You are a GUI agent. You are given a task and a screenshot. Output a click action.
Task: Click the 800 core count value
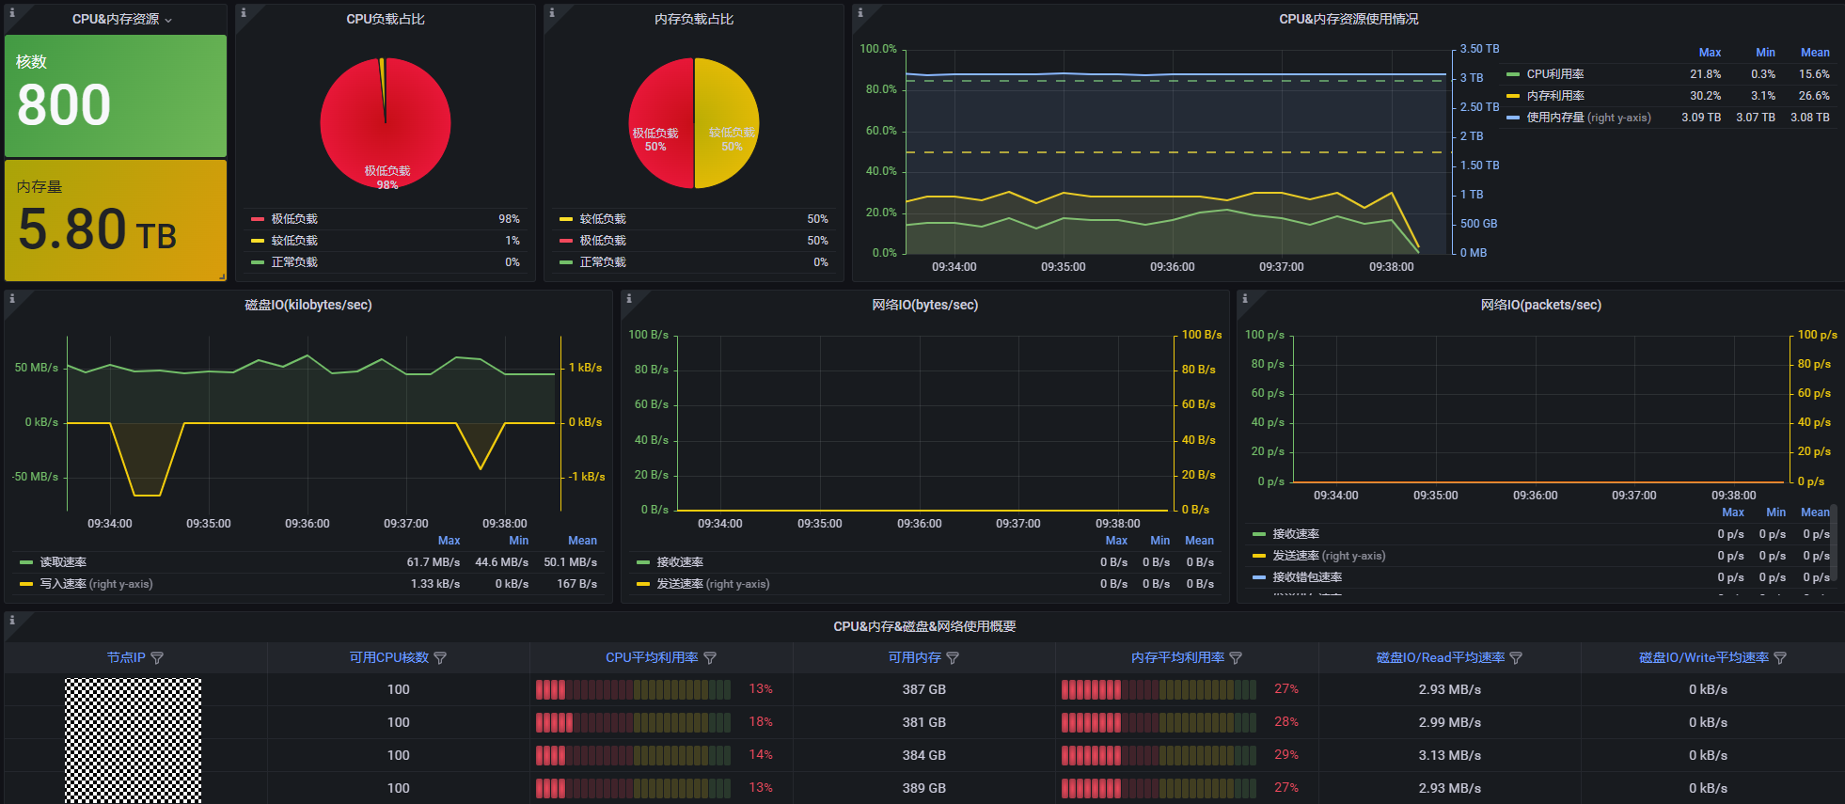click(64, 104)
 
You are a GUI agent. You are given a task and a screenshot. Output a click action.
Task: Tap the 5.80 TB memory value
click(97, 229)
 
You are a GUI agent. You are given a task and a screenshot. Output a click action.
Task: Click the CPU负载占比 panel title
click(386, 19)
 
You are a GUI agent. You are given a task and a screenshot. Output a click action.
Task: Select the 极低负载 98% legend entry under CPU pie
click(294, 219)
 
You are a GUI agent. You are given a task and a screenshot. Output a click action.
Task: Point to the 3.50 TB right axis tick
click(1479, 49)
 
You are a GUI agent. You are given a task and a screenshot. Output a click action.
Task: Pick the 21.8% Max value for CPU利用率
click(1705, 74)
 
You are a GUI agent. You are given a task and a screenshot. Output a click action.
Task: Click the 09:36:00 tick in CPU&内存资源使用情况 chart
click(1172, 267)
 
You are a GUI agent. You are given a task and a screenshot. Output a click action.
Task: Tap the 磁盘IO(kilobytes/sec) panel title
click(308, 305)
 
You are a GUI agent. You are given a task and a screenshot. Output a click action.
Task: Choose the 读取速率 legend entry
click(63, 562)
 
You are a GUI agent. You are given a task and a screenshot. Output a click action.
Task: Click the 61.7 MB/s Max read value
click(433, 562)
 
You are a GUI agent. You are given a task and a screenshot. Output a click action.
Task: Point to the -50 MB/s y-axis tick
click(36, 477)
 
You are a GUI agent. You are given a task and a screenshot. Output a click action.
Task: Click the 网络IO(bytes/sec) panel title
click(924, 305)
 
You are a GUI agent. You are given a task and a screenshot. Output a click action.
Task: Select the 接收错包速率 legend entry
click(1307, 577)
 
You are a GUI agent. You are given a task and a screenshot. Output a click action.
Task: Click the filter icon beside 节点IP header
click(157, 658)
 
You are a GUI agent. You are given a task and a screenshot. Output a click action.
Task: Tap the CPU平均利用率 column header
click(652, 658)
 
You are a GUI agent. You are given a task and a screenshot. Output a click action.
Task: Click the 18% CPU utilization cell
click(761, 722)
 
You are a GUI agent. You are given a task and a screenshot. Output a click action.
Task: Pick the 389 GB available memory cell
click(924, 788)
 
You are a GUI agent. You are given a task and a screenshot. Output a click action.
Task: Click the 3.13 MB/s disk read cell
click(1450, 755)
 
